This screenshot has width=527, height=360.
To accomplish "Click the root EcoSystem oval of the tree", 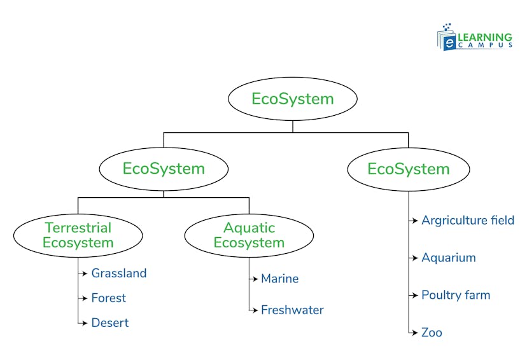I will [292, 99].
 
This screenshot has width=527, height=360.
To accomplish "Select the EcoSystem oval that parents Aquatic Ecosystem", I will [164, 169].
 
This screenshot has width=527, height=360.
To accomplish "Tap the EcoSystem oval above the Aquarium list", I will [409, 169].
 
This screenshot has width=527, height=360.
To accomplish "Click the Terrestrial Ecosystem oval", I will [78, 235].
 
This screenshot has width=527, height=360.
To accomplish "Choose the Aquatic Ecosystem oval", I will [249, 235].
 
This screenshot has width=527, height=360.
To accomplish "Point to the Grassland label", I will [119, 273].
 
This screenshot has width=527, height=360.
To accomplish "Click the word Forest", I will [109, 298].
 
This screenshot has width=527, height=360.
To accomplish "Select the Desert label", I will [110, 323].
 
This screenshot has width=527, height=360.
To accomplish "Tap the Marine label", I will [280, 279].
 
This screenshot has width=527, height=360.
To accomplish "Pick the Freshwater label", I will [292, 310].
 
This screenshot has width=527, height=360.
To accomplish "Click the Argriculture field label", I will [468, 221].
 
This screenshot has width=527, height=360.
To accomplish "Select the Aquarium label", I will [449, 258].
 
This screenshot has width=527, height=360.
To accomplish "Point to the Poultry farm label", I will [456, 295].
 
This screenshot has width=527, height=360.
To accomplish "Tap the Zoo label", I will [432, 333].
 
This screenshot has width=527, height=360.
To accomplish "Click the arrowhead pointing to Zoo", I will [416, 333].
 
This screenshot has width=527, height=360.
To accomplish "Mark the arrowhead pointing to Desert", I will [86, 323].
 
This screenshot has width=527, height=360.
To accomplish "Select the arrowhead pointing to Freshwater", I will [256, 310].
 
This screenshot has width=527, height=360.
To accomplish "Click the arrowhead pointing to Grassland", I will [86, 273].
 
